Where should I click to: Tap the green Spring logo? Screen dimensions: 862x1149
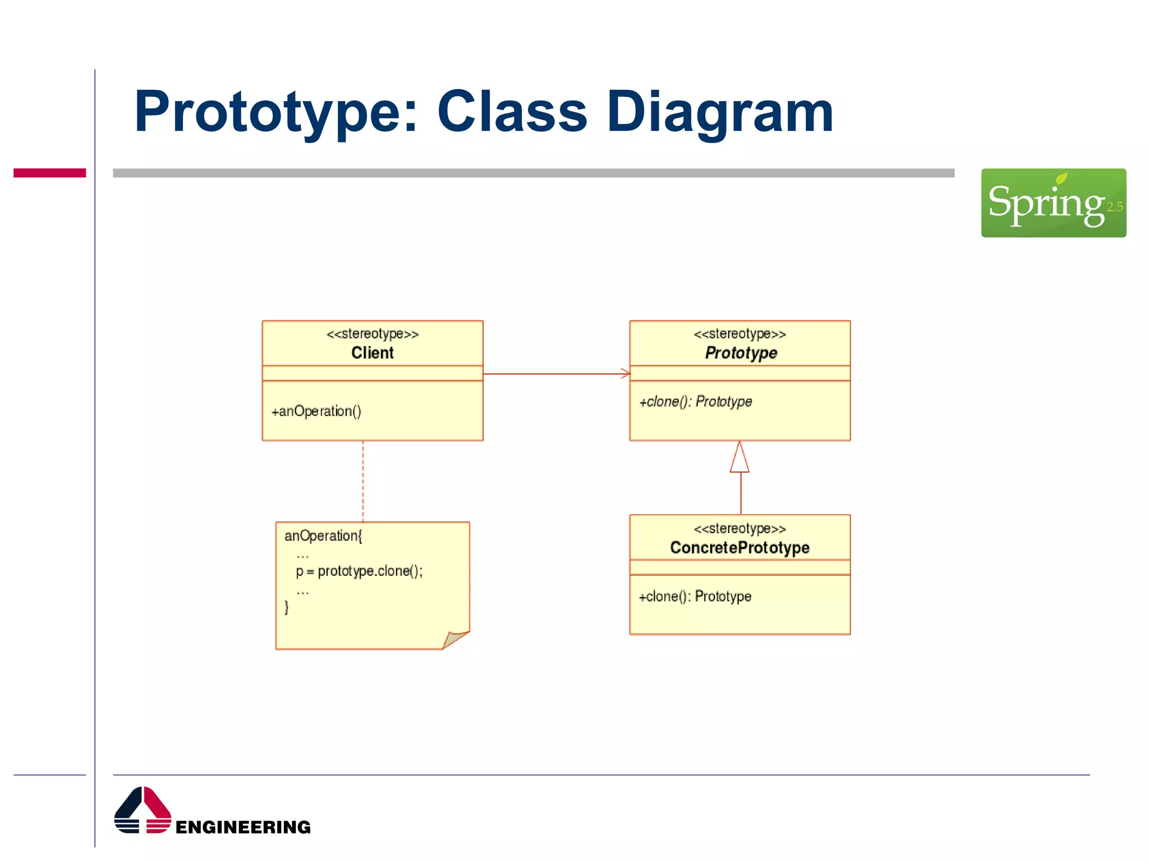[x=1053, y=203]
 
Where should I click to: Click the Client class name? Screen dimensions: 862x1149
[x=372, y=353]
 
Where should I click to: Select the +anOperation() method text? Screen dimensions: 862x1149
[x=316, y=411]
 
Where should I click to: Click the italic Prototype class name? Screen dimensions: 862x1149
[x=741, y=353]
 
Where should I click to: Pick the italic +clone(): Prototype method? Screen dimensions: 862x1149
[x=695, y=402]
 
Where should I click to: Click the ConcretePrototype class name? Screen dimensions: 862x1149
[x=739, y=548]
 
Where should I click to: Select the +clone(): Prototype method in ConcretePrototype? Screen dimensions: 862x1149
[x=695, y=597]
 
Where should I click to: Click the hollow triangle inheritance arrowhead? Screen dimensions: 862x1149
[x=739, y=458]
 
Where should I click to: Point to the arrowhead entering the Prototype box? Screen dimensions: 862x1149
[x=626, y=374]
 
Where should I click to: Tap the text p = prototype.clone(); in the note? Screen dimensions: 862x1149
[x=359, y=571]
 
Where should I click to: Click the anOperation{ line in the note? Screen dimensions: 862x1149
[x=323, y=536]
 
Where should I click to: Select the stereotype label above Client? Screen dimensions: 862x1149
[x=372, y=334]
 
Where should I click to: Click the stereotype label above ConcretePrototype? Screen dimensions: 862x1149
[x=739, y=529]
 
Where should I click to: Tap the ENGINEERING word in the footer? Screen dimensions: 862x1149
[x=243, y=827]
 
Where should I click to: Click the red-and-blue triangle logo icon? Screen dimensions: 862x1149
[x=143, y=810]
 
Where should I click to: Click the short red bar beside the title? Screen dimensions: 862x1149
[x=49, y=173]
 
